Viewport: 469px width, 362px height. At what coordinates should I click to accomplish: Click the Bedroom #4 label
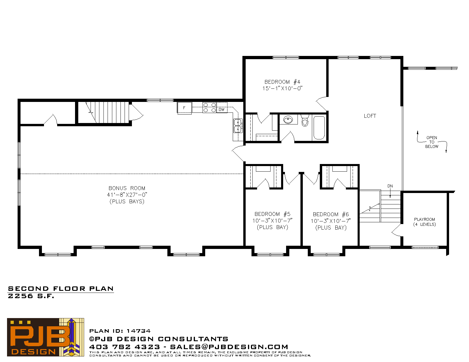[282, 82]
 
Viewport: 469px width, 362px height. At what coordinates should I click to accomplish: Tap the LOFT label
[370, 116]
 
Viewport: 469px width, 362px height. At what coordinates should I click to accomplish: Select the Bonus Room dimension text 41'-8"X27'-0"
[127, 195]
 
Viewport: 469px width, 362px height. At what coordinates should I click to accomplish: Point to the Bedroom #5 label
[272, 214]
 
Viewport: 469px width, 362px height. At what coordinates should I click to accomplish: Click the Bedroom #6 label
[331, 214]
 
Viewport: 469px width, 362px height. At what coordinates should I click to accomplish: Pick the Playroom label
[424, 219]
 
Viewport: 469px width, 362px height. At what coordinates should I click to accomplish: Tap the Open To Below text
[432, 142]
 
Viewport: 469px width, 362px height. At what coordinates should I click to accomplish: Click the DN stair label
[390, 186]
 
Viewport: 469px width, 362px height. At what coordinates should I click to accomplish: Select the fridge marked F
[184, 107]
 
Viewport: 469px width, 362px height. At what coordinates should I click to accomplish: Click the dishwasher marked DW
[222, 110]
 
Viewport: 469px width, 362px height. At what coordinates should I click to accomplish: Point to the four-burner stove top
[209, 107]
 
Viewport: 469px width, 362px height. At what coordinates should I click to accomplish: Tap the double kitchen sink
[238, 126]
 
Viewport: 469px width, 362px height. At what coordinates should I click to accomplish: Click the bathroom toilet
[305, 121]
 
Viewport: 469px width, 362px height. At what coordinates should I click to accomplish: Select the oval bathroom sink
[288, 119]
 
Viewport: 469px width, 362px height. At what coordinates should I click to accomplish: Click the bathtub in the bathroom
[319, 128]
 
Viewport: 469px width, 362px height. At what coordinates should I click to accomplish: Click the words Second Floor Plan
[61, 289]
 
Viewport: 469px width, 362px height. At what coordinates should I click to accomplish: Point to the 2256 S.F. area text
[31, 296]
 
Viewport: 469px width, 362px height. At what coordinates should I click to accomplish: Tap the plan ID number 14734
[138, 331]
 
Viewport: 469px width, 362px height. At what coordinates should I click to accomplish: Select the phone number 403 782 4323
[125, 347]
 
